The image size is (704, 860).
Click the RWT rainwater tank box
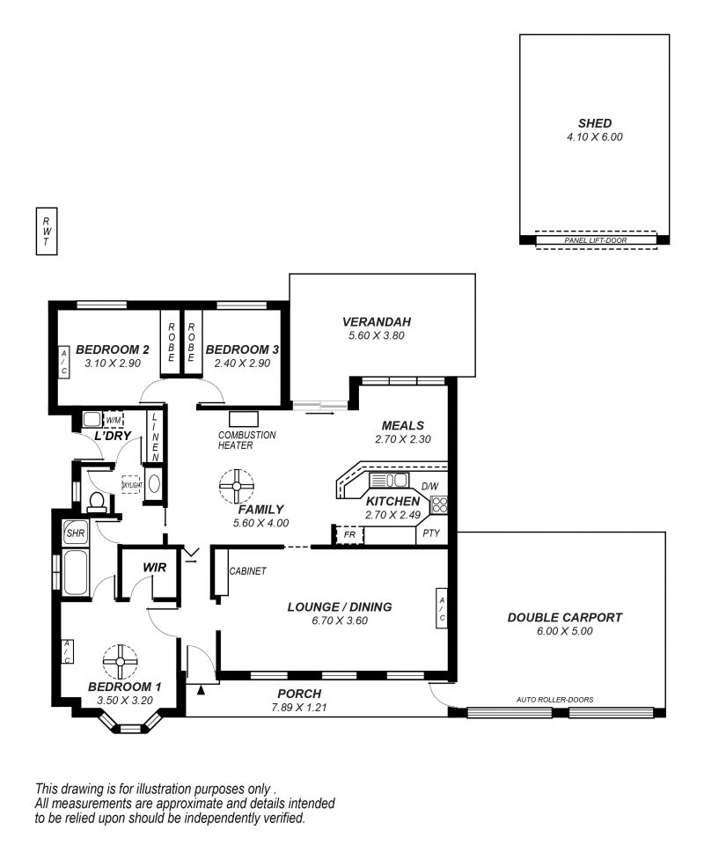(47, 231)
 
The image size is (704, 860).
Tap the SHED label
(594, 123)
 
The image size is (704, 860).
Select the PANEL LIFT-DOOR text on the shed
(596, 240)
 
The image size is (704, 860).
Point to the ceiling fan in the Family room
(237, 486)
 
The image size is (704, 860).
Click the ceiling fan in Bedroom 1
(120, 661)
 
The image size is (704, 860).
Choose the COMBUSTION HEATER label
(246, 440)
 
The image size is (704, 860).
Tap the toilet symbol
(97, 502)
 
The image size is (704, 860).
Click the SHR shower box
(75, 532)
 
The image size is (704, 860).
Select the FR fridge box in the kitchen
(349, 534)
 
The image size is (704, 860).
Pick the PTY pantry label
(431, 533)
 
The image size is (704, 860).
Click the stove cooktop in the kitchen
(439, 504)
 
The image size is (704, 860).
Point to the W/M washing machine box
(114, 420)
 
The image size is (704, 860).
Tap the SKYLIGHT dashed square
(132, 484)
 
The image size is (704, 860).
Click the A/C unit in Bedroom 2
(63, 362)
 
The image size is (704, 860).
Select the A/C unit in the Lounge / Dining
(442, 608)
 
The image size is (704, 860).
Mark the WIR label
(154, 567)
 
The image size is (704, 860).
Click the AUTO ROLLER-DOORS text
(555, 699)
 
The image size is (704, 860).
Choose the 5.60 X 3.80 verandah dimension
(377, 335)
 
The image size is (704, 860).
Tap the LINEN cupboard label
(155, 437)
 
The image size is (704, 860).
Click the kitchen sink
(389, 481)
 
